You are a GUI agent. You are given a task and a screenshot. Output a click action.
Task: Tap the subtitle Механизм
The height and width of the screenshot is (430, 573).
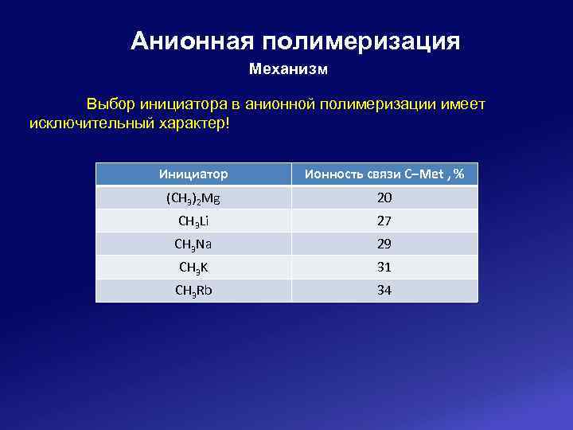pyautogui.click(x=288, y=69)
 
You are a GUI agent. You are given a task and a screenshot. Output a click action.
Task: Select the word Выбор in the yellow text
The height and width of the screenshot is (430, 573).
pyautogui.click(x=111, y=104)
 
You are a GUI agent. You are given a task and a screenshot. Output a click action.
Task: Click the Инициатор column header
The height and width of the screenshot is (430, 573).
pyautogui.click(x=193, y=174)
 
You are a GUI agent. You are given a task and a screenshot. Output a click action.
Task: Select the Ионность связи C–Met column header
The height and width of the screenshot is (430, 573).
pyautogui.click(x=384, y=174)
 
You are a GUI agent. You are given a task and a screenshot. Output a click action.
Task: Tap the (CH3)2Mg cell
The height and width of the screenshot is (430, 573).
pyautogui.click(x=193, y=197)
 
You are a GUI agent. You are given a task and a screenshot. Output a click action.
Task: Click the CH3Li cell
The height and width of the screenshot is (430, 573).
pyautogui.click(x=193, y=221)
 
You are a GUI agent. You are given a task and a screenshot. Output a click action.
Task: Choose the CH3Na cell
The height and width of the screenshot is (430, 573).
pyautogui.click(x=193, y=244)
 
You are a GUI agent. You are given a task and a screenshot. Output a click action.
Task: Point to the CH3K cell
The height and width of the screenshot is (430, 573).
pyautogui.click(x=193, y=267)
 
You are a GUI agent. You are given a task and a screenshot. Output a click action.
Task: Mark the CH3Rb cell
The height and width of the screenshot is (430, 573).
pyautogui.click(x=193, y=290)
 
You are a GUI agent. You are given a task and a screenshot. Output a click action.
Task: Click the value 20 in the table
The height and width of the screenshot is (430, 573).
pyautogui.click(x=384, y=197)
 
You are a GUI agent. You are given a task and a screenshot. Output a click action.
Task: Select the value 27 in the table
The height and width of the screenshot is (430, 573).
pyautogui.click(x=384, y=221)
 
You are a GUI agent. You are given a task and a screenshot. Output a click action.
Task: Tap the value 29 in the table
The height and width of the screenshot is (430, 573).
pyautogui.click(x=384, y=244)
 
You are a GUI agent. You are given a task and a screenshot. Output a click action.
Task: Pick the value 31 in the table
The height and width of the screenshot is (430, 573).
pyautogui.click(x=384, y=267)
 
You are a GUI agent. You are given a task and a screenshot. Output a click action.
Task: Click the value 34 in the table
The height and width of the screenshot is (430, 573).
pyautogui.click(x=384, y=290)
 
